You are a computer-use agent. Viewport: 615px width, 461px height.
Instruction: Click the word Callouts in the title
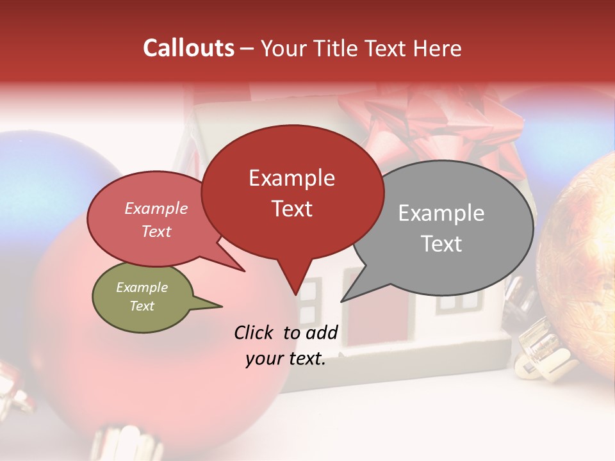[x=188, y=48]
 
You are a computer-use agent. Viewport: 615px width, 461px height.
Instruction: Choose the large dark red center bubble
[x=292, y=192]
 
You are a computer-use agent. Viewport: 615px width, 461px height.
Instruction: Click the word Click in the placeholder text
[x=254, y=332]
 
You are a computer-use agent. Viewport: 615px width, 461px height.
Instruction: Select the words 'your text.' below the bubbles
[x=286, y=359]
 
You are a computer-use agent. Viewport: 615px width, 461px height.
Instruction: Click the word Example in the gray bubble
[x=441, y=213]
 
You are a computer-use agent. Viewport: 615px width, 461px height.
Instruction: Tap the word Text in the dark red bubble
[x=292, y=209]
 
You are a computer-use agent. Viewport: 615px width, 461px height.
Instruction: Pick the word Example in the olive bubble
[x=142, y=287]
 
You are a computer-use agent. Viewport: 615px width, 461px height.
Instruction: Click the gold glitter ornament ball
[x=580, y=256]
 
